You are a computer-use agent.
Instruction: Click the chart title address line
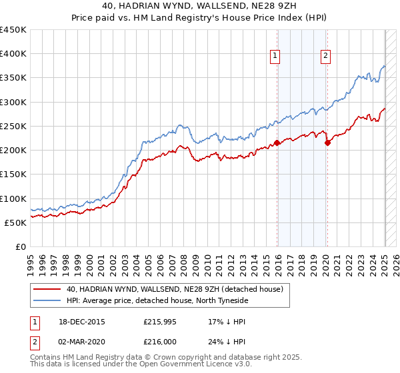[199, 7]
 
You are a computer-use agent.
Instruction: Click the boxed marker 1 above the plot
[275, 57]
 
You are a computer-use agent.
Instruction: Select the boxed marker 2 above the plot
[325, 57]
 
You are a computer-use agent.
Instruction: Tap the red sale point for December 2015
[277, 143]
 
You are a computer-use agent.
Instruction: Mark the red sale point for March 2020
[327, 143]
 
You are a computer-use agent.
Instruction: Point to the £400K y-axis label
[13, 54]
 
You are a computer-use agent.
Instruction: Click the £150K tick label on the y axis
[13, 175]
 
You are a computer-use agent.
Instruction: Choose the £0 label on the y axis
[20, 247]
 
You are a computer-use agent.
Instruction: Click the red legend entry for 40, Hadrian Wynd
[175, 289]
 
